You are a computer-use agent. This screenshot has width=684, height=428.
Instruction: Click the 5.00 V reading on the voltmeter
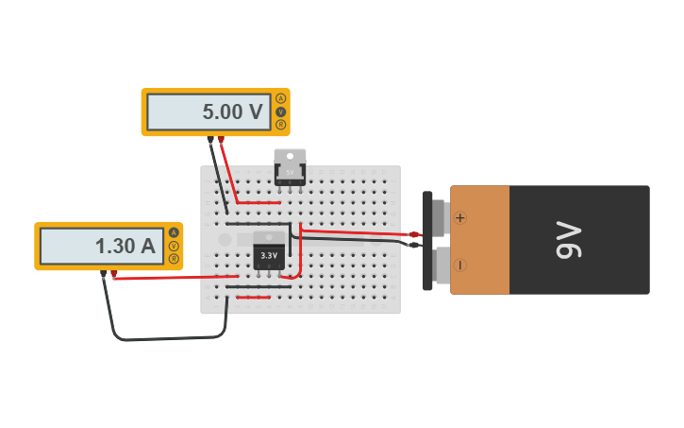click(232, 112)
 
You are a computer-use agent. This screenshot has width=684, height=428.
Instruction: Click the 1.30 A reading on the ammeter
click(125, 247)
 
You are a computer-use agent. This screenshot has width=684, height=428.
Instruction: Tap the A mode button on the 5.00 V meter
click(280, 98)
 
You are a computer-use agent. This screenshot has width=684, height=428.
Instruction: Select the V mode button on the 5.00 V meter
click(280, 111)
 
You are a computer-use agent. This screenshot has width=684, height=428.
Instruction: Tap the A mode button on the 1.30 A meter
click(174, 232)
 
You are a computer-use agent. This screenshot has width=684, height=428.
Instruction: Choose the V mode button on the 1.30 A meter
click(174, 246)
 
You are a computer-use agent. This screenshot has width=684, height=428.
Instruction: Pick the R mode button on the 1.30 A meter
click(174, 258)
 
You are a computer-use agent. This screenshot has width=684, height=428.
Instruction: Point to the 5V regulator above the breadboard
click(290, 167)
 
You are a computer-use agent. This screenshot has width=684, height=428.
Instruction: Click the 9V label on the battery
click(569, 239)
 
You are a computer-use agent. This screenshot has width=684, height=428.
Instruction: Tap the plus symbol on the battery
click(460, 217)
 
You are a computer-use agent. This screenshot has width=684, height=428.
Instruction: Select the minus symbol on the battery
click(460, 265)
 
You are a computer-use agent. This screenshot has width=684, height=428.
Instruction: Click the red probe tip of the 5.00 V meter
click(221, 140)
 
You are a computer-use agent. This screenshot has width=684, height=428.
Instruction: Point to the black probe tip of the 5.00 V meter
click(210, 140)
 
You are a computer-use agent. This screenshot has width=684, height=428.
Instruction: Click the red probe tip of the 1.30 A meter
click(114, 274)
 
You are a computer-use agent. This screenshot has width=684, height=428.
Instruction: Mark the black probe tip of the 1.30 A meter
click(103, 274)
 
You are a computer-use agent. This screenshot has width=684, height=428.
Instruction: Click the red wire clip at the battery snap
click(413, 233)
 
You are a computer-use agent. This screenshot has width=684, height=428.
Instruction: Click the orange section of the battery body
click(480, 240)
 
